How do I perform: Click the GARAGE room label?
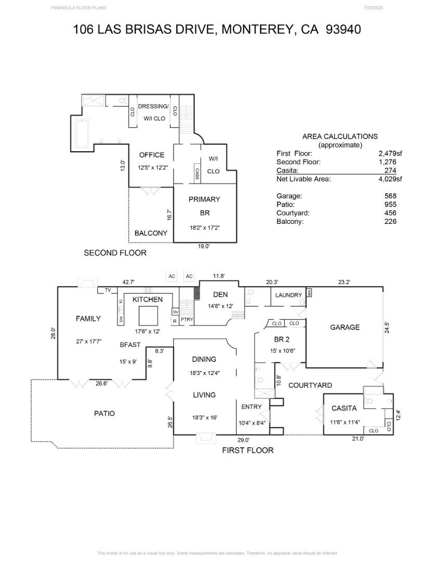click(x=345, y=327)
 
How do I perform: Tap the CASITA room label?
click(x=344, y=408)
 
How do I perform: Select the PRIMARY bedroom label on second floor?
click(x=204, y=199)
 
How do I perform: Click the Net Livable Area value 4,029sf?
click(x=390, y=179)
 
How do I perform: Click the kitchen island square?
click(x=148, y=315)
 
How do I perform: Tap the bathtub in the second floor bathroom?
click(x=82, y=133)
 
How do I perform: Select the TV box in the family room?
click(x=108, y=290)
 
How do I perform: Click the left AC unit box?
click(x=172, y=276)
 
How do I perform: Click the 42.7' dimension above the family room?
click(x=128, y=282)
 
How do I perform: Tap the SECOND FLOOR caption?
click(x=115, y=253)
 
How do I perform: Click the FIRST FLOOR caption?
click(x=247, y=450)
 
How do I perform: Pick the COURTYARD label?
click(x=310, y=385)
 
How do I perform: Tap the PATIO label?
click(x=104, y=413)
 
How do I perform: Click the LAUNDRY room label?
click(x=288, y=295)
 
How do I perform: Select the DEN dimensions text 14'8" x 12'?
click(x=220, y=306)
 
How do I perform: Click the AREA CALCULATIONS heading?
click(x=340, y=137)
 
